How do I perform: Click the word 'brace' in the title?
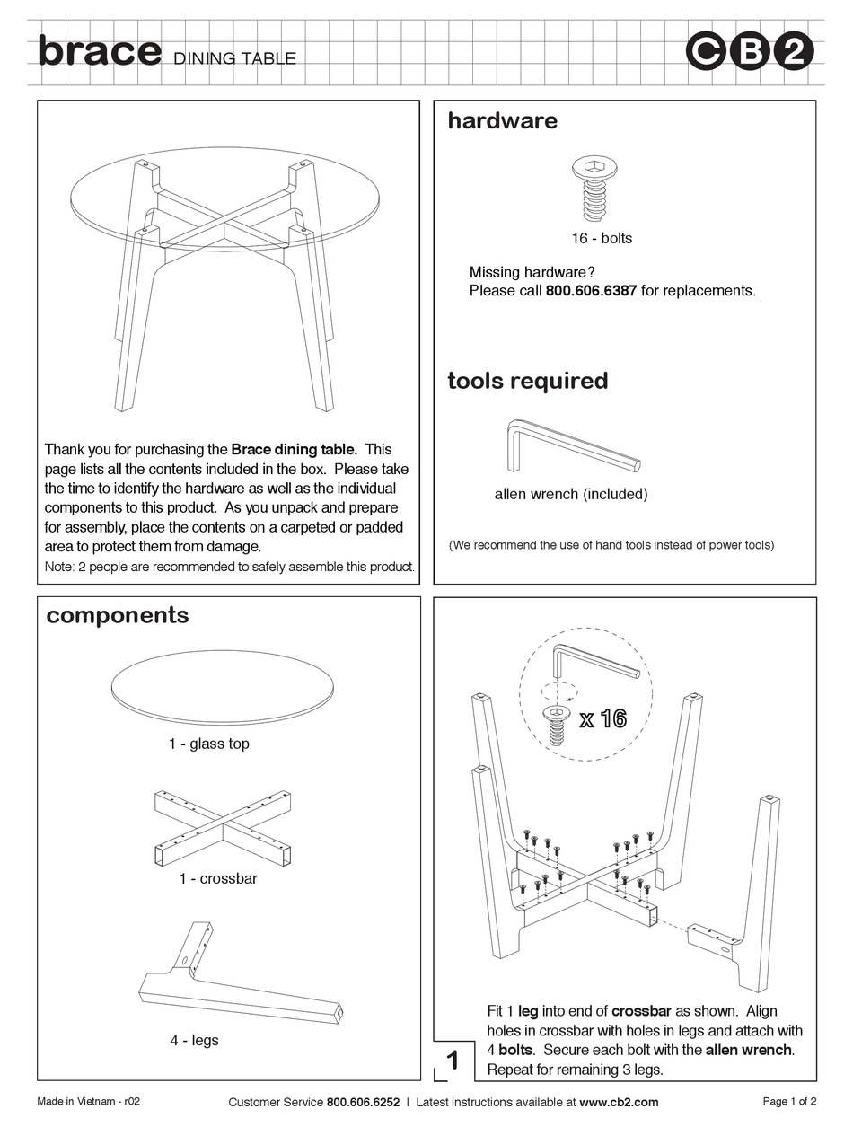click(x=99, y=51)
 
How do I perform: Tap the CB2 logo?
click(x=750, y=52)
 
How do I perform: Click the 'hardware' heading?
click(x=502, y=120)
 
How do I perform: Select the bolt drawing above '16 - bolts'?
click(x=594, y=188)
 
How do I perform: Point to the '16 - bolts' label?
click(x=602, y=238)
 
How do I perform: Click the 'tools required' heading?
click(x=527, y=381)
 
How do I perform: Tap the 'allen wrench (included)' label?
click(x=570, y=494)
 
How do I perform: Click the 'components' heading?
click(x=118, y=615)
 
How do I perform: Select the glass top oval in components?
click(x=223, y=688)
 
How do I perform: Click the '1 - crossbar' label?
click(x=217, y=878)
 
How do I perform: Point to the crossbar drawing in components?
click(x=223, y=828)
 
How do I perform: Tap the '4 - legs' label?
click(x=194, y=1040)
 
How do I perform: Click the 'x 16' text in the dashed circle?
click(x=602, y=719)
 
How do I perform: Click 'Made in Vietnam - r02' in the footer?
click(x=88, y=1102)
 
